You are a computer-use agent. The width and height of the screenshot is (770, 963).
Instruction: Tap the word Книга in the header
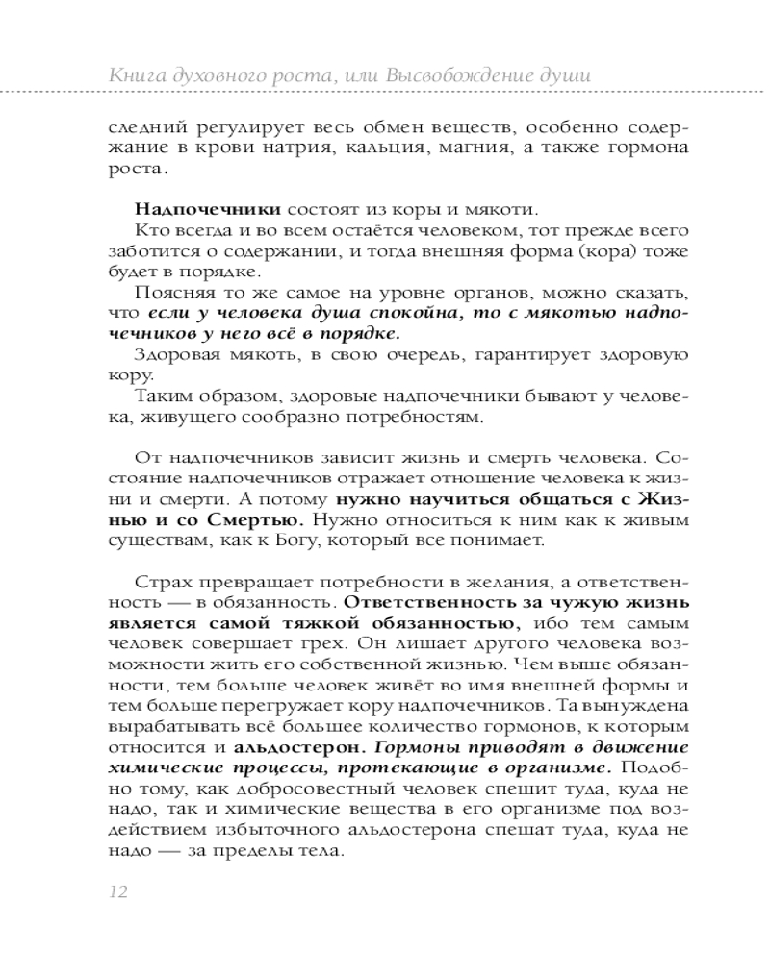[135, 74]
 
